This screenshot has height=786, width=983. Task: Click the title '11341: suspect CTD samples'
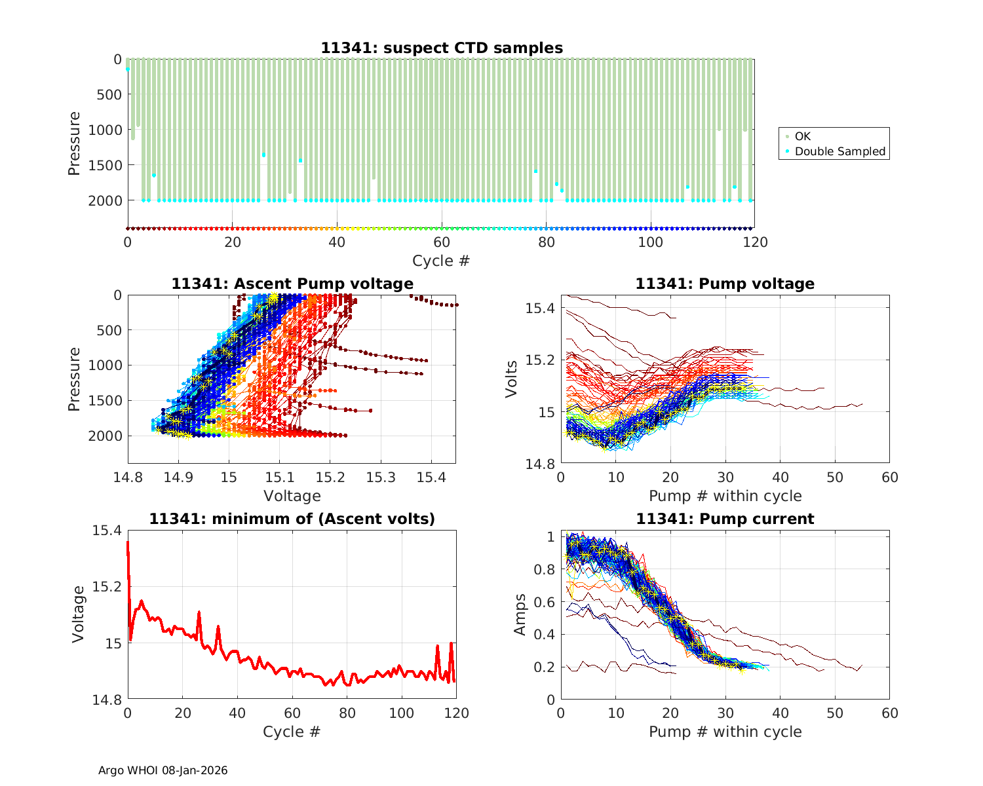[442, 48]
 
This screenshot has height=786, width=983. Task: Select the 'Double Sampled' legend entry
[839, 151]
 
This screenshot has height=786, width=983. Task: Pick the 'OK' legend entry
[802, 136]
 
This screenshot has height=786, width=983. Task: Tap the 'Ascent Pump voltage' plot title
[292, 284]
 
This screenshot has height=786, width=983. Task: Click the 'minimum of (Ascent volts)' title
[292, 519]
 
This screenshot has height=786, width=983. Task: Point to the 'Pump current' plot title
[725, 519]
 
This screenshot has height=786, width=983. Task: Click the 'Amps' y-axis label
[520, 614]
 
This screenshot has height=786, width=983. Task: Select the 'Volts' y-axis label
[511, 379]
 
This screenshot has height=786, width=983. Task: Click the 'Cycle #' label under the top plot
[441, 261]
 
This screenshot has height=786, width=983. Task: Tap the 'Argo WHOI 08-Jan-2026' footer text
[163, 770]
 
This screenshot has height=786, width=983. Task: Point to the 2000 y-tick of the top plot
[105, 200]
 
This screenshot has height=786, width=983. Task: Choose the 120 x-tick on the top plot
[755, 242]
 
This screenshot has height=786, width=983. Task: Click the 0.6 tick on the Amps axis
[545, 602]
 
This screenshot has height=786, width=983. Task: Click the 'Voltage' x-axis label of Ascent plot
[292, 496]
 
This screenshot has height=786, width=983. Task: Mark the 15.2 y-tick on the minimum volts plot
[107, 586]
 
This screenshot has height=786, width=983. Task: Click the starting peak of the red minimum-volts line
[128, 542]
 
